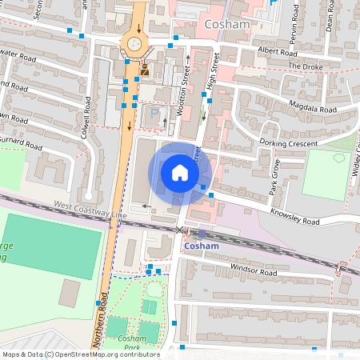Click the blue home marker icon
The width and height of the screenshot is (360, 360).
(x=180, y=173)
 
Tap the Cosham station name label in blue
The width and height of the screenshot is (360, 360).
(x=202, y=246)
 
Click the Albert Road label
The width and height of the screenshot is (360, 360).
(x=277, y=50)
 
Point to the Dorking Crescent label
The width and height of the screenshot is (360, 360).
(x=288, y=143)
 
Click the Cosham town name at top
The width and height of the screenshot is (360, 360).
(x=227, y=25)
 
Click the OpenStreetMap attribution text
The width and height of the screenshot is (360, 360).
(x=80, y=354)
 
